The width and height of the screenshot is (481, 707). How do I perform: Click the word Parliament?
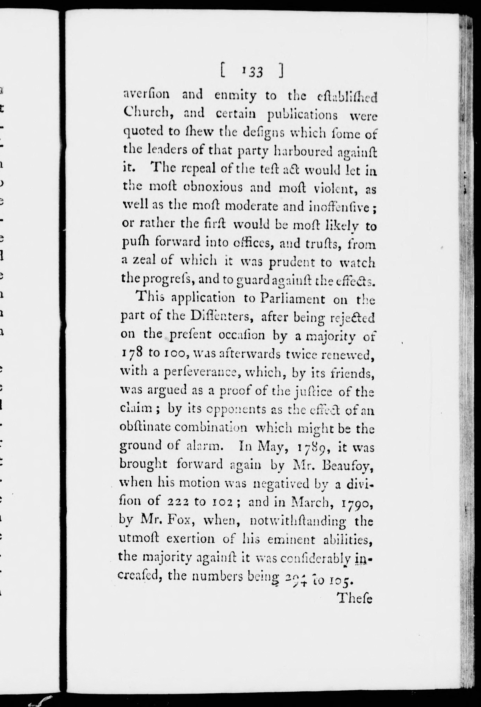point(292,299)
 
